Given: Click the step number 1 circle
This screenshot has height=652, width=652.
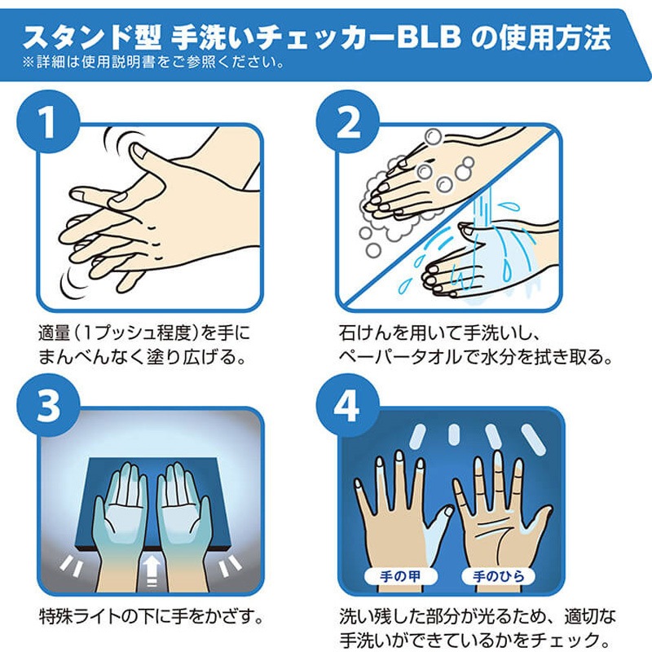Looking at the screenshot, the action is [x=48, y=121].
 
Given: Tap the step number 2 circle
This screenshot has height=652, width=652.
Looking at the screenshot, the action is [x=348, y=121].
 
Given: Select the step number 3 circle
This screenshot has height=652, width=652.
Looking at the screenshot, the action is [x=48, y=405].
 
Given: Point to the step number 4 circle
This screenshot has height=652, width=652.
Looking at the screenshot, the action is [x=348, y=405].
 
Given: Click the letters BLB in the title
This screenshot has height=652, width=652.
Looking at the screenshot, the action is [x=430, y=37].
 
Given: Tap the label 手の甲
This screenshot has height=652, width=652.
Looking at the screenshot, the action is [x=400, y=576].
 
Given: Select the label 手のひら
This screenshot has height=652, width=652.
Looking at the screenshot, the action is [x=499, y=576].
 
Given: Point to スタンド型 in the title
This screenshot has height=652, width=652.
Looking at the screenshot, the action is [x=92, y=37].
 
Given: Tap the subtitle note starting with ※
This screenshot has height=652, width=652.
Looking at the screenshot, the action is [x=154, y=63].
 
